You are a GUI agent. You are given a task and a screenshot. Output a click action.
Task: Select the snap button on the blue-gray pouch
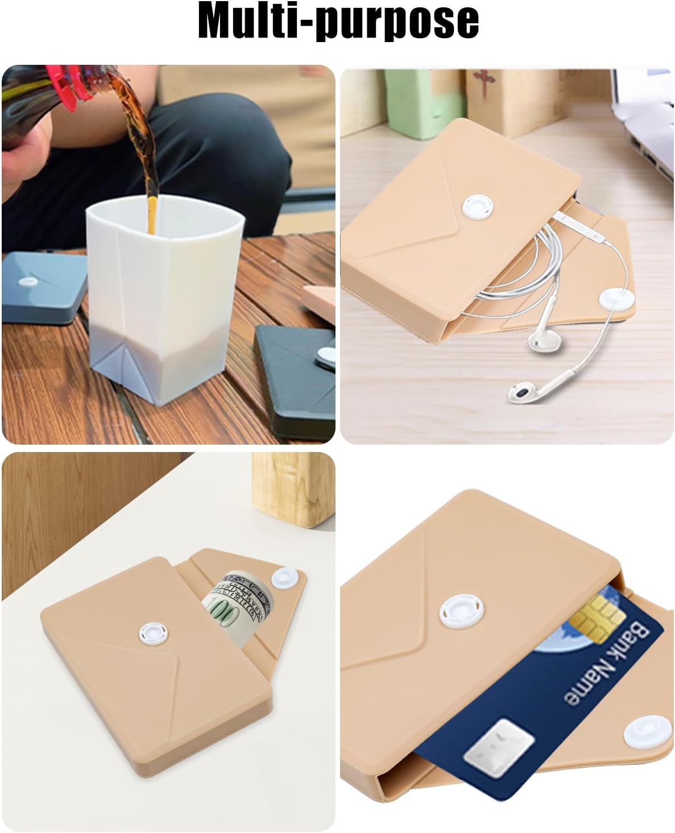click(x=27, y=281)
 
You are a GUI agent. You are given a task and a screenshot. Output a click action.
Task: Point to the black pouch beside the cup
click(x=296, y=375)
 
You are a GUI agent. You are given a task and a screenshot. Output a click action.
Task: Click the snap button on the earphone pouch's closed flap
click(x=478, y=208)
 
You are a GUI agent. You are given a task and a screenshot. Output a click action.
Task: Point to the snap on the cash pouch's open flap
click(x=285, y=579)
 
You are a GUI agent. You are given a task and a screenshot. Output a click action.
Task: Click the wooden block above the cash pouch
click(x=293, y=490)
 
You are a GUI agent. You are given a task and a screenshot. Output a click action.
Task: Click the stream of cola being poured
click(x=141, y=148)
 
